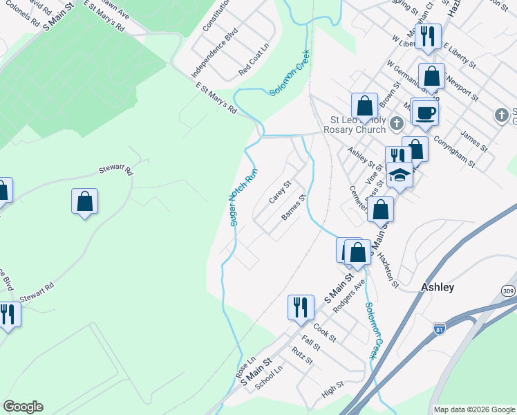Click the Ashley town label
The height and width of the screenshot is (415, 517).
pyautogui.click(x=438, y=287)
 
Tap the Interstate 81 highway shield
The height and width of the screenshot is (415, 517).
pyautogui.click(x=440, y=329)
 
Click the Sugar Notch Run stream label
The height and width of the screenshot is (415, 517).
pyautogui.click(x=243, y=196)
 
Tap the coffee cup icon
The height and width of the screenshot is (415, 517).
pyautogui.click(x=425, y=113)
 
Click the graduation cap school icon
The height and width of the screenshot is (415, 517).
pyautogui.click(x=399, y=174)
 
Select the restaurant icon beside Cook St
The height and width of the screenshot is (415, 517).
pyautogui.click(x=301, y=306)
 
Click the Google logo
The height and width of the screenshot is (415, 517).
pyautogui.click(x=23, y=407)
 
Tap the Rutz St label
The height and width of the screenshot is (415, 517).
pyautogui.click(x=302, y=356)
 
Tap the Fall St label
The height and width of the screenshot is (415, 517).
pyautogui.click(x=310, y=343)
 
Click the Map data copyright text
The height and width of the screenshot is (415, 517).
pyautogui.click(x=474, y=409)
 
